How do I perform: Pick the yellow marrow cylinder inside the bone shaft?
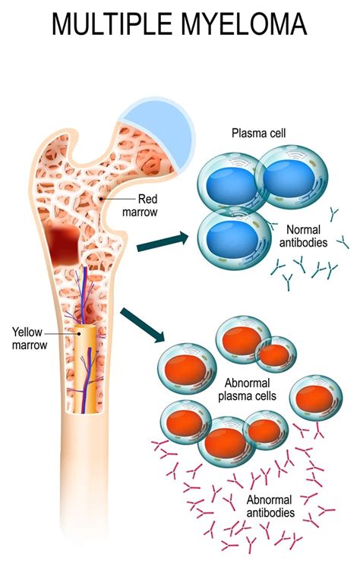tap(88, 372)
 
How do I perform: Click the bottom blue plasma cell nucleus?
tap(230, 236)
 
